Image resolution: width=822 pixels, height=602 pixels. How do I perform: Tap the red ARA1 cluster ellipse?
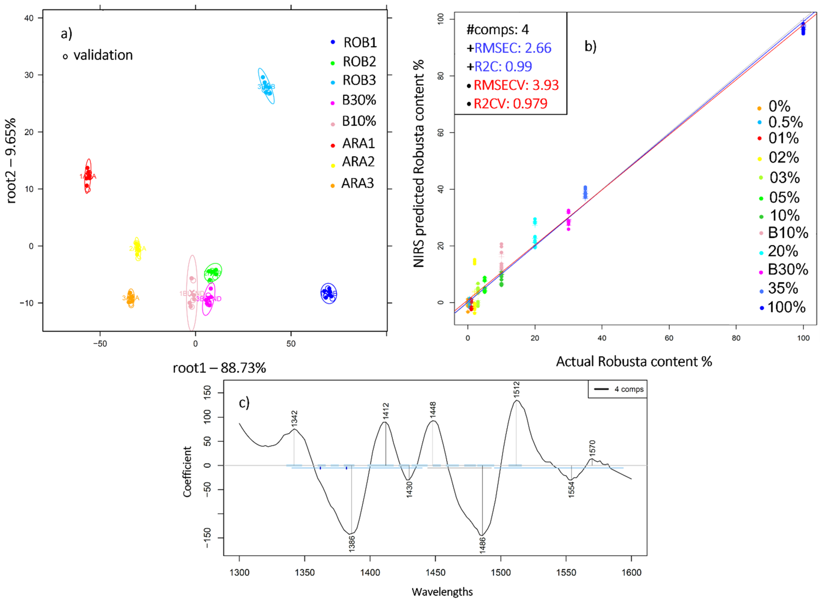pyautogui.click(x=88, y=176)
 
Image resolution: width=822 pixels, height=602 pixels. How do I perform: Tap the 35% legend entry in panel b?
pyautogui.click(x=783, y=288)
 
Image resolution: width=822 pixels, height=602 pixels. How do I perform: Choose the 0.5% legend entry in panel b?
pyautogui.click(x=785, y=122)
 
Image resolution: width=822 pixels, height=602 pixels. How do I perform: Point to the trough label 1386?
pyautogui.click(x=352, y=543)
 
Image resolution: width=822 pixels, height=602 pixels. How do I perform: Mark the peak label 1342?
pyautogui.click(x=294, y=418)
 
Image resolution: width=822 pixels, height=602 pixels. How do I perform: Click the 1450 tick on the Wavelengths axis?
pyautogui.click(x=436, y=573)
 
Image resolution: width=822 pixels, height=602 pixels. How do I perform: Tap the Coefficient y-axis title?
pyautogui.click(x=187, y=472)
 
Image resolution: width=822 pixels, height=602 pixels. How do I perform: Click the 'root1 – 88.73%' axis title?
pyautogui.click(x=219, y=368)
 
